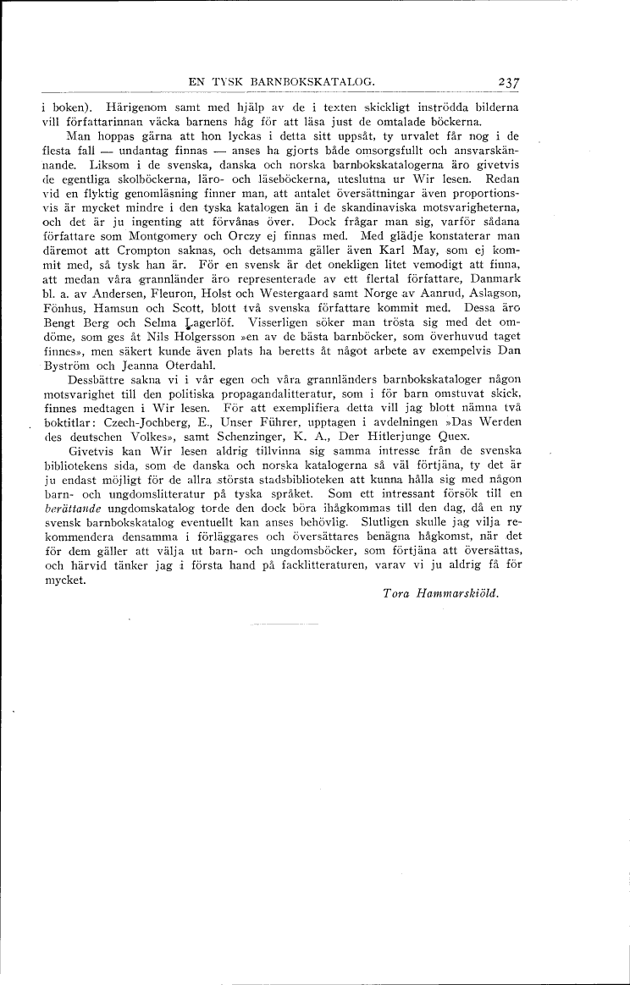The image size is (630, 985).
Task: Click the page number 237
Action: coord(508,82)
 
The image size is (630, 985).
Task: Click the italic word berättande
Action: coord(71,512)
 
